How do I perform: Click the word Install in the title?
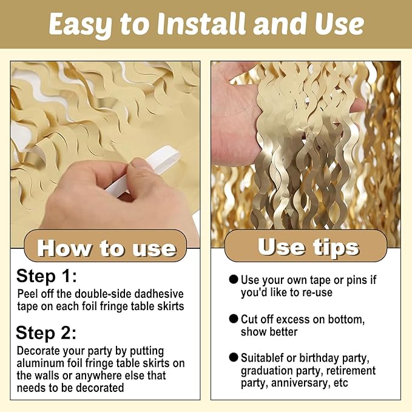201,24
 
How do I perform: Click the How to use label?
107,248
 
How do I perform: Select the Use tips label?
308,247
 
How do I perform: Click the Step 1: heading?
47,277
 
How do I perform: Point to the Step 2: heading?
46,333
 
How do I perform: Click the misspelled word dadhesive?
159,294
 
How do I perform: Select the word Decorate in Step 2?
38,351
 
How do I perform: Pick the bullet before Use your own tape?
234,279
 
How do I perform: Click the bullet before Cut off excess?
234,319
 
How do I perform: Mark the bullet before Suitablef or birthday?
234,357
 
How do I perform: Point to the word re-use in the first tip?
317,292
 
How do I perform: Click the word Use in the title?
339,24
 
